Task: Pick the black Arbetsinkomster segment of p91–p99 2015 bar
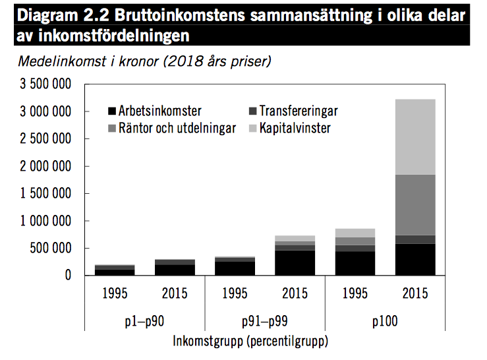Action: click(295, 262)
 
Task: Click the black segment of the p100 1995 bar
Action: click(355, 264)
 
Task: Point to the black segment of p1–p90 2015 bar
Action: click(175, 270)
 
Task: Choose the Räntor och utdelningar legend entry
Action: click(171, 128)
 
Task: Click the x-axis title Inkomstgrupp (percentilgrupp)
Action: click(250, 342)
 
